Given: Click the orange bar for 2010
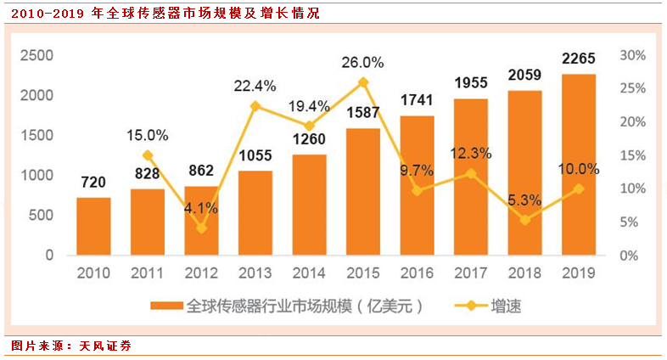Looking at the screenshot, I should [x=93, y=227].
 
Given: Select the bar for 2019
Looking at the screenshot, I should [x=579, y=165].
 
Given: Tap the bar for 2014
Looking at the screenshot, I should [x=309, y=205].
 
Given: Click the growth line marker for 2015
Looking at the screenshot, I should [x=363, y=82].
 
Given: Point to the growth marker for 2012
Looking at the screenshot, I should [x=201, y=228].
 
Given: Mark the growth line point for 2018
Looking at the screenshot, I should [x=525, y=220].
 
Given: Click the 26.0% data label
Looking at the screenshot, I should [x=363, y=62].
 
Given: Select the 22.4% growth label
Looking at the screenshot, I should [x=255, y=85].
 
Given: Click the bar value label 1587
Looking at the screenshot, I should [x=363, y=113].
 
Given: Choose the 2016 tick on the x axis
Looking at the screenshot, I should [x=417, y=273].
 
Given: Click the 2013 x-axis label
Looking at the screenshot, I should [x=255, y=273].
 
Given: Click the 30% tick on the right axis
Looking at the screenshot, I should [x=633, y=56].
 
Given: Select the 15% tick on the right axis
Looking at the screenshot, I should [x=633, y=155].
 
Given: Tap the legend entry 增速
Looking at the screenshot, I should [x=505, y=306].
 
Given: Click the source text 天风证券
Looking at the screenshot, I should [x=105, y=346].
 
